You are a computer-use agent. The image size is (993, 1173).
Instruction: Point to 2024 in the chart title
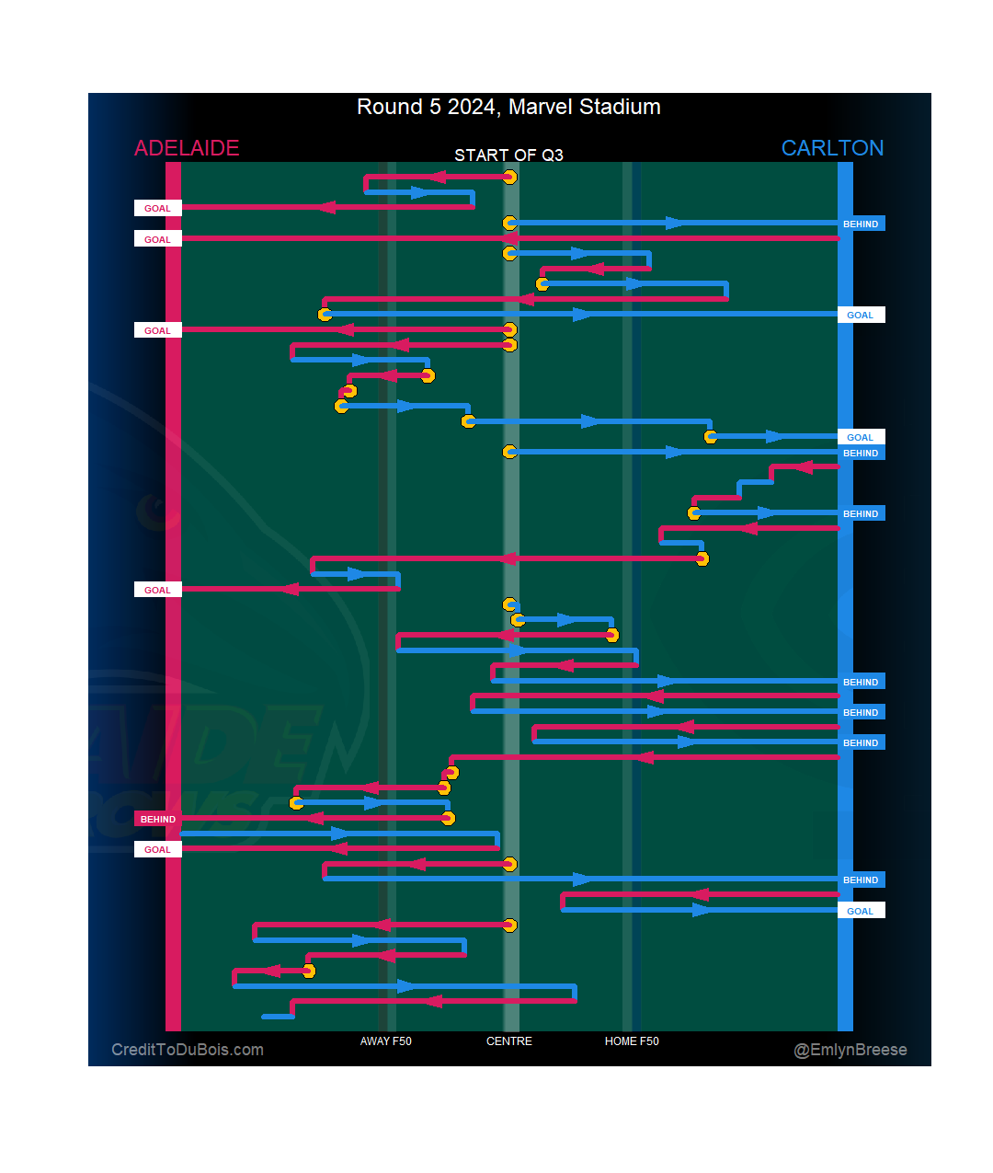pos(472,108)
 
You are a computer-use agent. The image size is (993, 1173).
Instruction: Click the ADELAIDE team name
pos(187,148)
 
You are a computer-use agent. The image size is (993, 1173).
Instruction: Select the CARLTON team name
pos(832,148)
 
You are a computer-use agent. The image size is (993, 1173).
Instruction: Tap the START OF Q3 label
pos(508,155)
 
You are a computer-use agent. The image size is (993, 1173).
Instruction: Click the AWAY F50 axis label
pos(385,1041)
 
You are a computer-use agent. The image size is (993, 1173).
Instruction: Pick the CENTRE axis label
pos(509,1041)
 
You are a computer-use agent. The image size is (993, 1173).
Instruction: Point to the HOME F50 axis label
pos(632,1041)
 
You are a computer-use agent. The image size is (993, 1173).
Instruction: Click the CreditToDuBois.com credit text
pos(188,1050)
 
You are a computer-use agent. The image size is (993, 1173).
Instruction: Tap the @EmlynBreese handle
pos(850,1050)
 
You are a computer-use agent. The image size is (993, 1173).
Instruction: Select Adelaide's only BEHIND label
pos(158,819)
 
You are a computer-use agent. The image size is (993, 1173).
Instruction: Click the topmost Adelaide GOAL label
pos(158,208)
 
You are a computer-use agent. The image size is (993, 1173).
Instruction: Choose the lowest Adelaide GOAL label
pos(158,849)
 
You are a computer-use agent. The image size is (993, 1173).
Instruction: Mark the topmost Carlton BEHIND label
pos(861,224)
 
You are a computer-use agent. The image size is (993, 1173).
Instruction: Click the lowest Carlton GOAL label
pos(861,911)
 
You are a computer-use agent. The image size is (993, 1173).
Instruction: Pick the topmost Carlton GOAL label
pos(861,315)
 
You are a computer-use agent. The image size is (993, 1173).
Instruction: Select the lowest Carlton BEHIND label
pos(861,880)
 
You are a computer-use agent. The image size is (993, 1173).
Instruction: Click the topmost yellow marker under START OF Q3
pos(509,178)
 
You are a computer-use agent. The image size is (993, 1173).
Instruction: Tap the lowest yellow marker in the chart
pos(309,971)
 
